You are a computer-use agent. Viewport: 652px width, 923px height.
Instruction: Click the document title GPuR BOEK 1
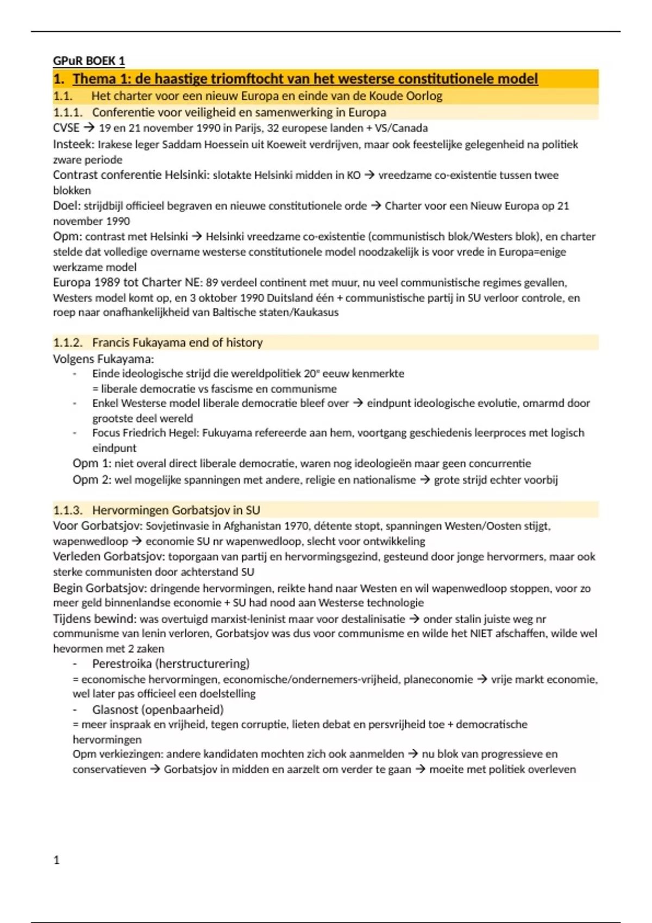89,61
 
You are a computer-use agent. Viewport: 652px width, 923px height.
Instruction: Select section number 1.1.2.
67,343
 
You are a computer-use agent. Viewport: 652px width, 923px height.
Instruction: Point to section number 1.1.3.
67,510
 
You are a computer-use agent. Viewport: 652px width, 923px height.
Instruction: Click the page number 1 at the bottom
57,860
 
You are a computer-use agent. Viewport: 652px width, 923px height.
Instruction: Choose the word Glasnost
115,710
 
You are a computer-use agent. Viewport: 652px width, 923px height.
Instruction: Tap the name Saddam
180,144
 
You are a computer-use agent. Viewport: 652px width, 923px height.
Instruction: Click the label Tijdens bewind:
95,619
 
